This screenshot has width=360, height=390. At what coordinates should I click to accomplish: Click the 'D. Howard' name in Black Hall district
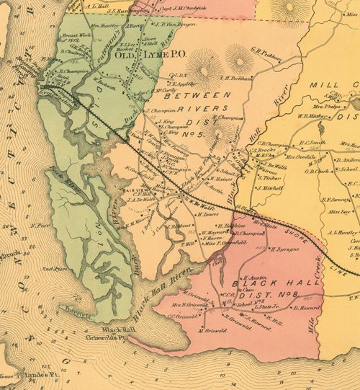(307, 307)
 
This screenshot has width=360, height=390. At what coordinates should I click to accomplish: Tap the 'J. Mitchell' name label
(269, 187)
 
